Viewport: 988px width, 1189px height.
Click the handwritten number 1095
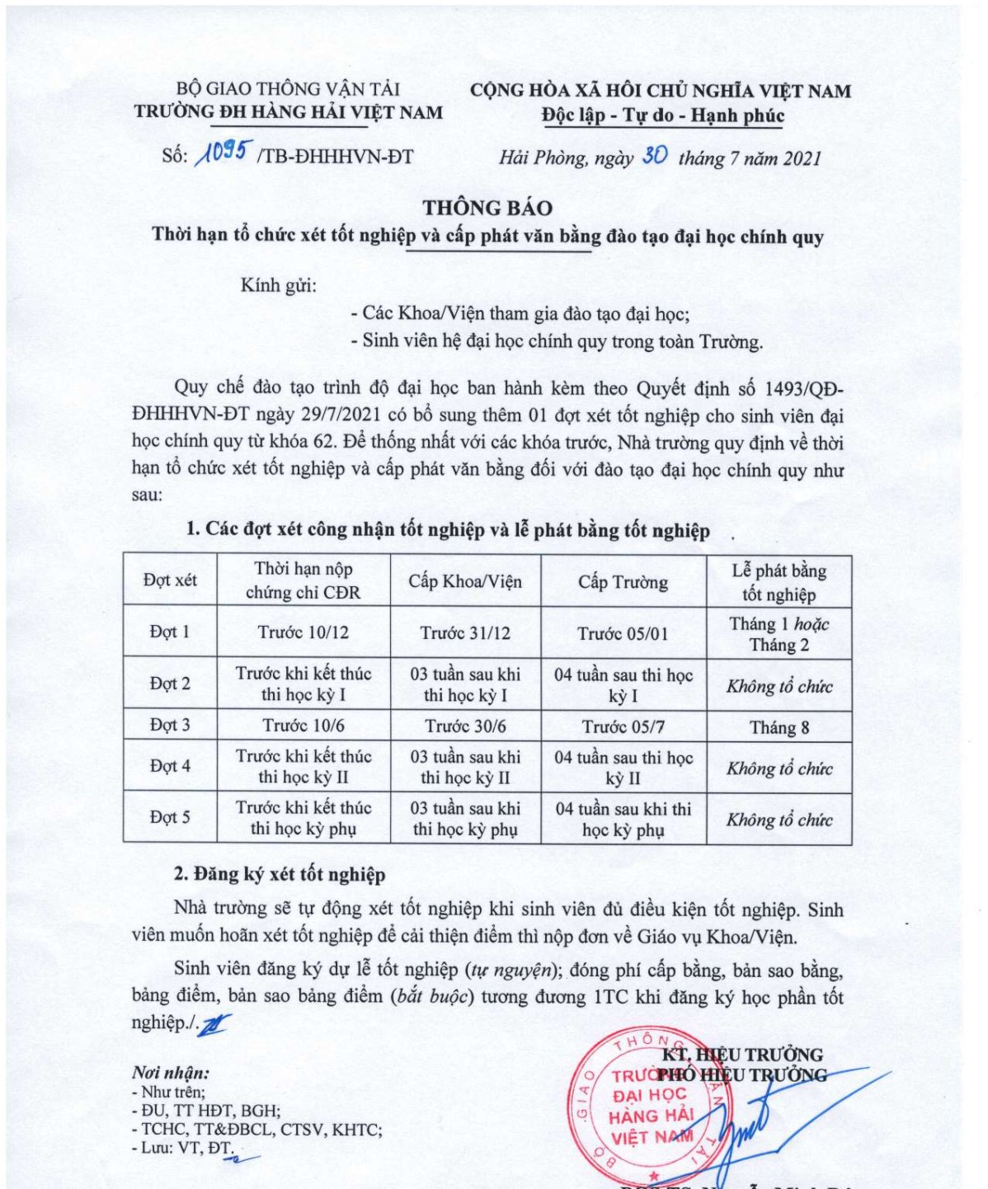coord(221,154)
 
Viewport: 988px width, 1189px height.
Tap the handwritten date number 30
coord(654,156)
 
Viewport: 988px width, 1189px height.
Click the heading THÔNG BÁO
coord(487,208)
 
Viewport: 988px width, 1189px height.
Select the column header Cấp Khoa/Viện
coord(465,581)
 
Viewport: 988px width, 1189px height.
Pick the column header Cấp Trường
coord(623,582)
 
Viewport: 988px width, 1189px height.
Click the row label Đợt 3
coord(170,725)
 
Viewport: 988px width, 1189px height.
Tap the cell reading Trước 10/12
coord(303,632)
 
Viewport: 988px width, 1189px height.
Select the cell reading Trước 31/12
coord(465,633)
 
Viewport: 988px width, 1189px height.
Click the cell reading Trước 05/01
coord(623,633)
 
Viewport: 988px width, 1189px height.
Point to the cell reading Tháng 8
coord(779,727)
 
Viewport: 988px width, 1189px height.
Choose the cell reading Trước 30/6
coord(465,726)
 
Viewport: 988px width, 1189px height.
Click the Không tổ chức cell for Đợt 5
coord(779,820)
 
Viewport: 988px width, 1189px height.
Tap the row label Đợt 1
coord(170,632)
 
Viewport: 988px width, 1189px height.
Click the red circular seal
coord(643,1105)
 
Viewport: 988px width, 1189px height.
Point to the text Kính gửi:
coord(278,286)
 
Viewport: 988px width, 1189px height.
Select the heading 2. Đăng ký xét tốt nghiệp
coord(279,874)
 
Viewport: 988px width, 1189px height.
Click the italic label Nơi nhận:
coord(170,1073)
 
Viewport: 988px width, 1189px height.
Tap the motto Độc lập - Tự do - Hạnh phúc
coord(662,115)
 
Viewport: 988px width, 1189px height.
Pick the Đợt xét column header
coord(170,580)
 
